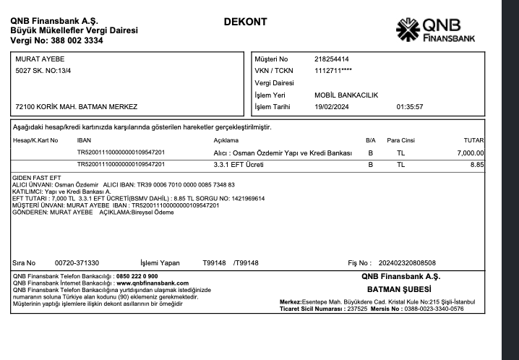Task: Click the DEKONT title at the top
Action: point(245,22)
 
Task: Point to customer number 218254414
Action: point(332,59)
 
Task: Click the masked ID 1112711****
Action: point(333,71)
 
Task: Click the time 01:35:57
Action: point(410,107)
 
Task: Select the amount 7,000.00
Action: point(471,153)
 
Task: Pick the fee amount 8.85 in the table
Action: point(476,165)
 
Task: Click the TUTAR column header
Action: point(474,140)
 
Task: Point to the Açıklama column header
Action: point(226,140)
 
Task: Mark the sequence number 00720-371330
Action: point(77,263)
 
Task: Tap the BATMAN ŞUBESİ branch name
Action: point(400,289)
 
